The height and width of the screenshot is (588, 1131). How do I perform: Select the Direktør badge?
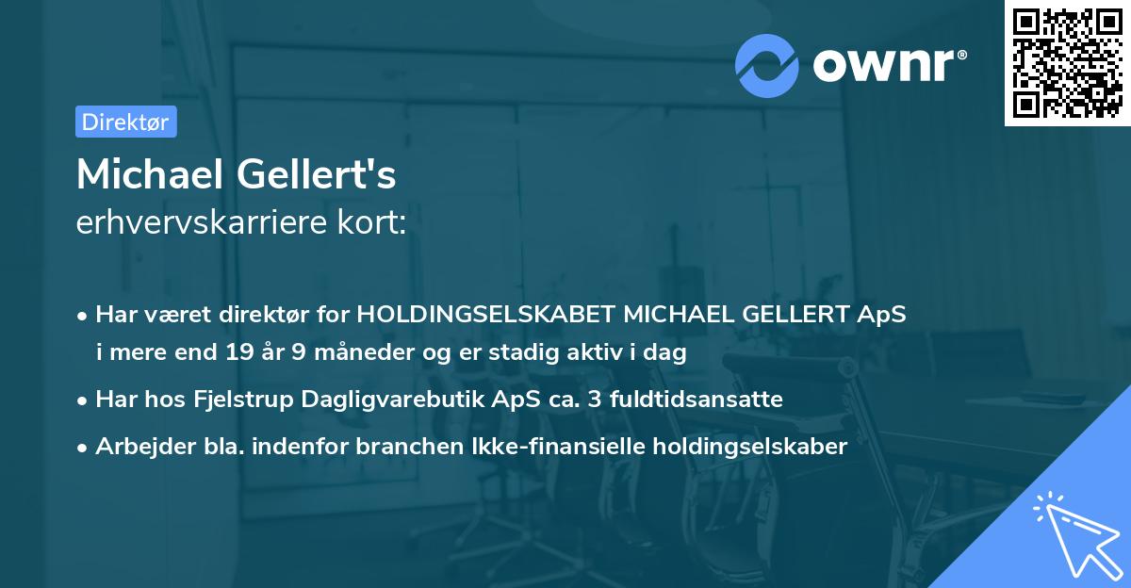pos(125,122)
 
